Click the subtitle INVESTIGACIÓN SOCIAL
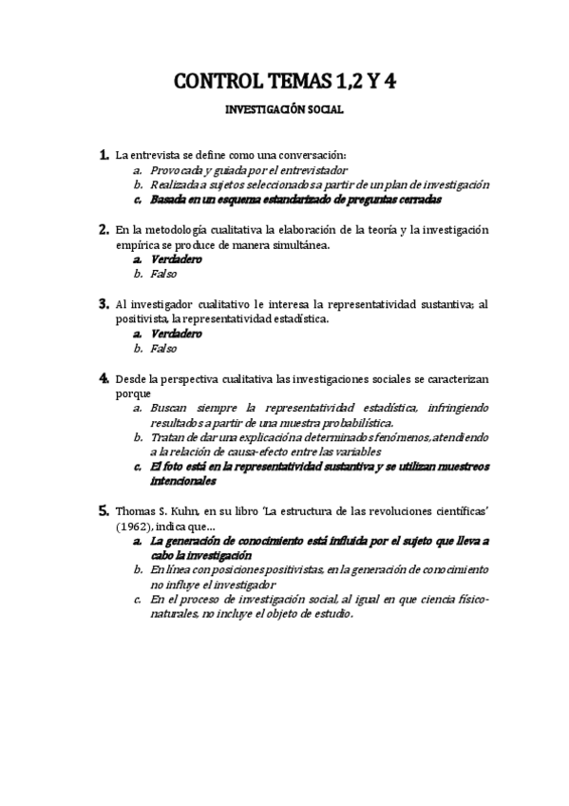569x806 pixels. [x=284, y=110]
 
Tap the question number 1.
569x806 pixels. [x=104, y=154]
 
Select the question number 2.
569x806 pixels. [x=104, y=229]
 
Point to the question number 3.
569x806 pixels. [x=104, y=304]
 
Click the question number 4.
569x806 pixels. [x=104, y=378]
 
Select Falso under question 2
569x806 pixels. [x=164, y=275]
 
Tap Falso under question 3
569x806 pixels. [x=164, y=350]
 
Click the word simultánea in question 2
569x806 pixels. [x=297, y=245]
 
